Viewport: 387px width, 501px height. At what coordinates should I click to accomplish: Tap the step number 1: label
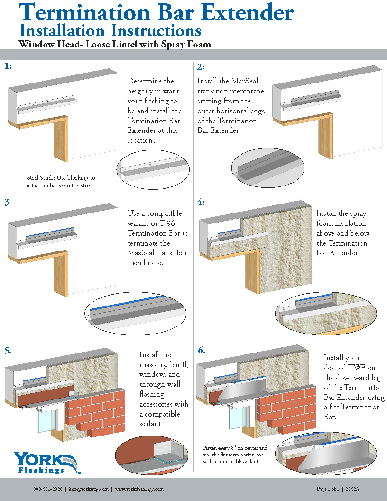click(8, 66)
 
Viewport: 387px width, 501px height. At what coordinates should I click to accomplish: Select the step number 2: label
click(201, 66)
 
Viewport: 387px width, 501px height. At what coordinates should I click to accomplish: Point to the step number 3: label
click(8, 203)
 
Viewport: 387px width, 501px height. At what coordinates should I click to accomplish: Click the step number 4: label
click(201, 203)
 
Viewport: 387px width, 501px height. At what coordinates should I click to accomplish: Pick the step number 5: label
click(8, 351)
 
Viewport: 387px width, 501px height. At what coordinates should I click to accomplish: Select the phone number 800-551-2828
click(47, 489)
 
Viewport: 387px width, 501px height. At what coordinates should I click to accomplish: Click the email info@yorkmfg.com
click(88, 489)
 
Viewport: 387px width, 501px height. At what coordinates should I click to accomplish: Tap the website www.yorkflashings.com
click(139, 489)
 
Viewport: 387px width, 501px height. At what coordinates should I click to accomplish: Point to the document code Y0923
click(351, 489)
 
